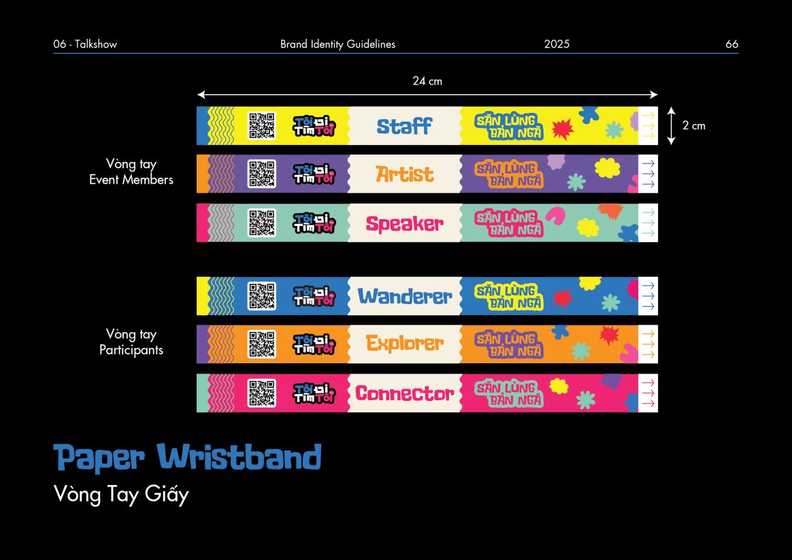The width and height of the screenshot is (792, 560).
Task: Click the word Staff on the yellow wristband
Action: (405, 126)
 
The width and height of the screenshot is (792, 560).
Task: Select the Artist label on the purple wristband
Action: (405, 174)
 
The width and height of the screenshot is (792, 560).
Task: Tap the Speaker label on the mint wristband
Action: (405, 223)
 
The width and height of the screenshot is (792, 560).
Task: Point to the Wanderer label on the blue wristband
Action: (405, 296)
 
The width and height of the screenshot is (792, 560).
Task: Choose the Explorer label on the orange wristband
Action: (405, 344)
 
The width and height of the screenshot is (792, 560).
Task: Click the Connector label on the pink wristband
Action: (405, 393)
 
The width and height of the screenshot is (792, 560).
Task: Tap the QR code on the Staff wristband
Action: (262, 126)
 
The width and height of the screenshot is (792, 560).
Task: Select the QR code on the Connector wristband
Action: (262, 393)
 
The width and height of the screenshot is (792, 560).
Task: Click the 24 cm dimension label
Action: (427, 81)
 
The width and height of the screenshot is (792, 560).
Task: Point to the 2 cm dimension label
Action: (694, 126)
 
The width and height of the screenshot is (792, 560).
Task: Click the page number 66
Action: (732, 44)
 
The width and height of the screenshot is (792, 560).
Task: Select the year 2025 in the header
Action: (557, 44)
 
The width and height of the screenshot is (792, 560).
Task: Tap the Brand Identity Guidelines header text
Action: (338, 44)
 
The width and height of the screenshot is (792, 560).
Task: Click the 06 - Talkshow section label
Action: (85, 44)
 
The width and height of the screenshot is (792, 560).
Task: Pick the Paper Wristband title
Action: (187, 457)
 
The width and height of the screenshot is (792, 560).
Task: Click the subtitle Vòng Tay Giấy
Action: (121, 494)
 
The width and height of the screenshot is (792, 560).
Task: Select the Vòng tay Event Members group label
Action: (131, 171)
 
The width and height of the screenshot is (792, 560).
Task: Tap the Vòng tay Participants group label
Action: (131, 342)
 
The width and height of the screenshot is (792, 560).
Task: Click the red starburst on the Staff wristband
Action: (563, 130)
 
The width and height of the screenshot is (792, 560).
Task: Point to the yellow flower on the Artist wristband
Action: (607, 167)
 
